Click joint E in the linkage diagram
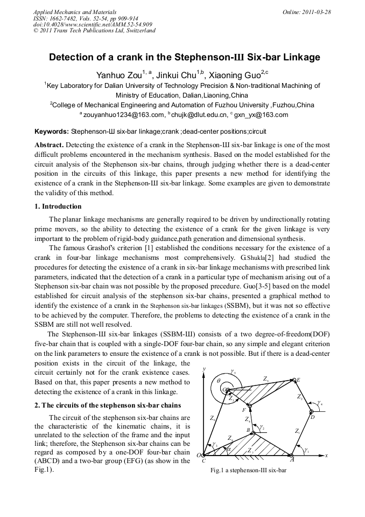[293, 381]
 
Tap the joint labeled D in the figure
[312, 413]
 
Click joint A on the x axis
[291, 454]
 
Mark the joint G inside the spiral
[226, 390]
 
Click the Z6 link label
[214, 418]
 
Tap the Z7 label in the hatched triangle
[250, 450]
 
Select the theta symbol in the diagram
[218, 381]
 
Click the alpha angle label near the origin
[228, 447]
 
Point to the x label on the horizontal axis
[327, 456]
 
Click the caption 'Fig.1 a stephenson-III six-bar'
[249, 470]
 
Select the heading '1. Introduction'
[58, 206]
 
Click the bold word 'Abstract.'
[50, 146]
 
